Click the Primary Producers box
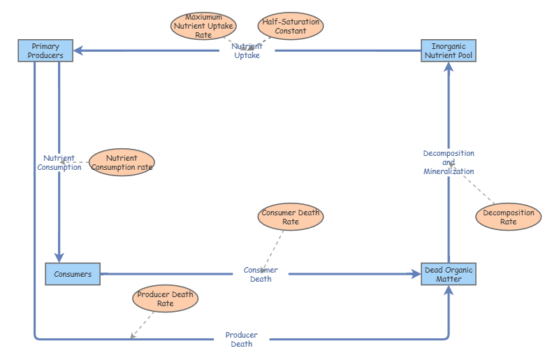[45, 51]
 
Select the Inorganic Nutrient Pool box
[449, 51]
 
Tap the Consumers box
[73, 274]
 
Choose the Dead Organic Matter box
[449, 274]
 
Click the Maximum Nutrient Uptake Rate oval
[203, 26]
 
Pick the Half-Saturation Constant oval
[291, 26]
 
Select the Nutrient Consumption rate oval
[122, 162]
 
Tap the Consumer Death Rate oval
[291, 217]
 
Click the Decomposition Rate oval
[508, 217]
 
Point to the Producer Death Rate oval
[165, 298]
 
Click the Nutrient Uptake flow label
[247, 51]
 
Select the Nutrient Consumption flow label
[59, 163]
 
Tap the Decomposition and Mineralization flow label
[449, 162]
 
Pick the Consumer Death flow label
[261, 275]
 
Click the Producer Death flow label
[241, 340]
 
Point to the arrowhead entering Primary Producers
[79, 51]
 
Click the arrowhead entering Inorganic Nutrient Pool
[449, 67]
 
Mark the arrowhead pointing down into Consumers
[59, 257]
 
